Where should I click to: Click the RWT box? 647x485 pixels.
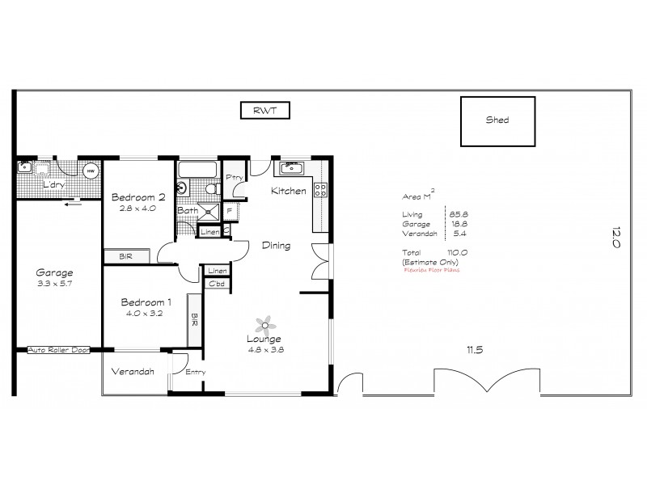pyautogui.click(x=265, y=111)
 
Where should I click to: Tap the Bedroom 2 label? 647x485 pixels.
pyautogui.click(x=138, y=197)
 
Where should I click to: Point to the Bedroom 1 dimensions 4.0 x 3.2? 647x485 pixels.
pyautogui.click(x=145, y=313)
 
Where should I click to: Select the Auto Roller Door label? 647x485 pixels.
pyautogui.click(x=58, y=350)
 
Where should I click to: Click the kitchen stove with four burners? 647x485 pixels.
pyautogui.click(x=319, y=192)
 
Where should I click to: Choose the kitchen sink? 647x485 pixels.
pyautogui.click(x=290, y=169)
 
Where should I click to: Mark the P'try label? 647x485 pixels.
pyautogui.click(x=235, y=177)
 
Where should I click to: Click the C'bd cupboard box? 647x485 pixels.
pyautogui.click(x=217, y=284)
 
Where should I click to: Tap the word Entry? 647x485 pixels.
pyautogui.click(x=196, y=372)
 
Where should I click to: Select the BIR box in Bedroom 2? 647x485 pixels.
pyautogui.click(x=125, y=256)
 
